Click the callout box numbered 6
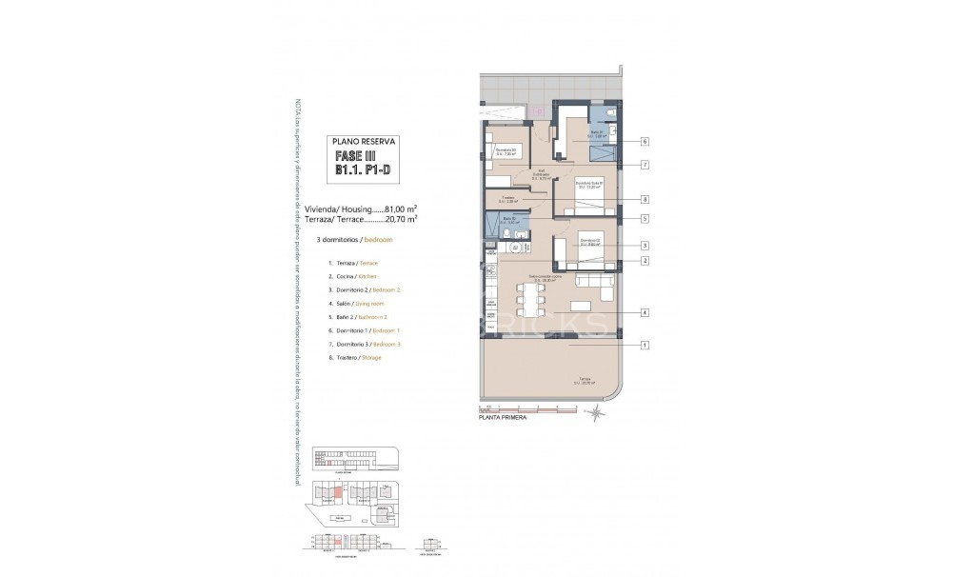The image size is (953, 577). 645,141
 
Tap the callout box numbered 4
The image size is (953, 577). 645,311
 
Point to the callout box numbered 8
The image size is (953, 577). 645,199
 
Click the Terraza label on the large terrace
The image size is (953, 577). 584,379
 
